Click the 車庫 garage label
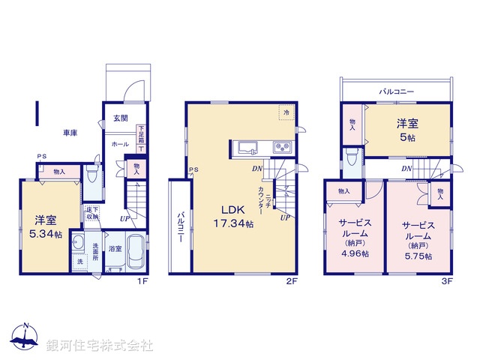coord(70,133)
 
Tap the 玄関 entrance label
coord(121,118)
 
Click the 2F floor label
coord(292,281)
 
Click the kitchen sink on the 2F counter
coord(248,147)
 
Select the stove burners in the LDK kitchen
coord(283,146)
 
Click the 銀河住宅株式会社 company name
coord(100,346)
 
